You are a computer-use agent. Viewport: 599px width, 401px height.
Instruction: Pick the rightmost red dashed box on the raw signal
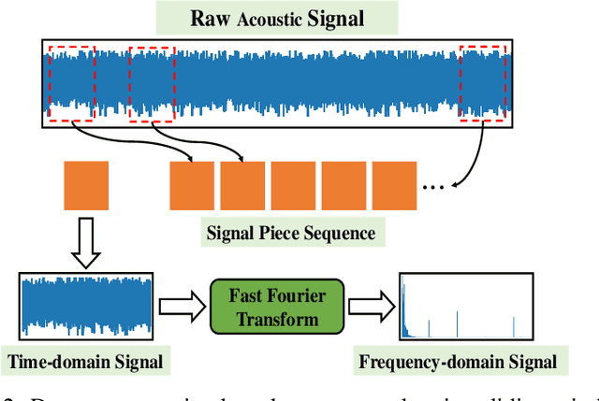point(486,82)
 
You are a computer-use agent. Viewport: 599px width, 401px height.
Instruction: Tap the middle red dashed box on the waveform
point(151,82)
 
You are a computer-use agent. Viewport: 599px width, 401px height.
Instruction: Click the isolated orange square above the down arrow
point(86,184)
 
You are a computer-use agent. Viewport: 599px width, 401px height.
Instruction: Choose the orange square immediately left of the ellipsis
point(394,184)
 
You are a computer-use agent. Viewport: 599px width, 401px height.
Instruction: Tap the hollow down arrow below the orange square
point(85,241)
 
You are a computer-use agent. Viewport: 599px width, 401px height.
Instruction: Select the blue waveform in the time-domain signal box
point(85,305)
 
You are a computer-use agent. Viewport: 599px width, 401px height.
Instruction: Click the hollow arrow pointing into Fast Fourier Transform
point(181,305)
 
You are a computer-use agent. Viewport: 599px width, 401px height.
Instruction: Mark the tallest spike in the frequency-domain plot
point(403,308)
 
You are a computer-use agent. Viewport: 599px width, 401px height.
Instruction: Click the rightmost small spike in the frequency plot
point(515,325)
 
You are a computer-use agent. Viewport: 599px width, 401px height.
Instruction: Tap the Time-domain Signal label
point(86,361)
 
